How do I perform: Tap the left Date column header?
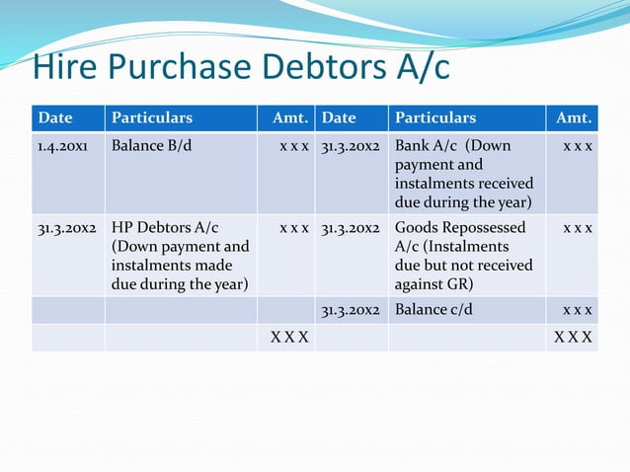coord(55,118)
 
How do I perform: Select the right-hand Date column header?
coord(339,118)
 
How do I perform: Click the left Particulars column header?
coord(152,118)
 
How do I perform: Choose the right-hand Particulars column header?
coord(435,118)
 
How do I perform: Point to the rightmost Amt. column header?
coord(574,118)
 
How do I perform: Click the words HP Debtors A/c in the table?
coord(165,228)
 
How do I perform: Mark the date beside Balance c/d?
coord(351,310)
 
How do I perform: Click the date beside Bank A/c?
coord(351,146)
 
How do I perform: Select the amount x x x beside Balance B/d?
coord(294,146)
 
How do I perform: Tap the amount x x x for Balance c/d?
coord(578,310)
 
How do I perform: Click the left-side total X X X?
coord(290,337)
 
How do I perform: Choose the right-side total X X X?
coord(574,337)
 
